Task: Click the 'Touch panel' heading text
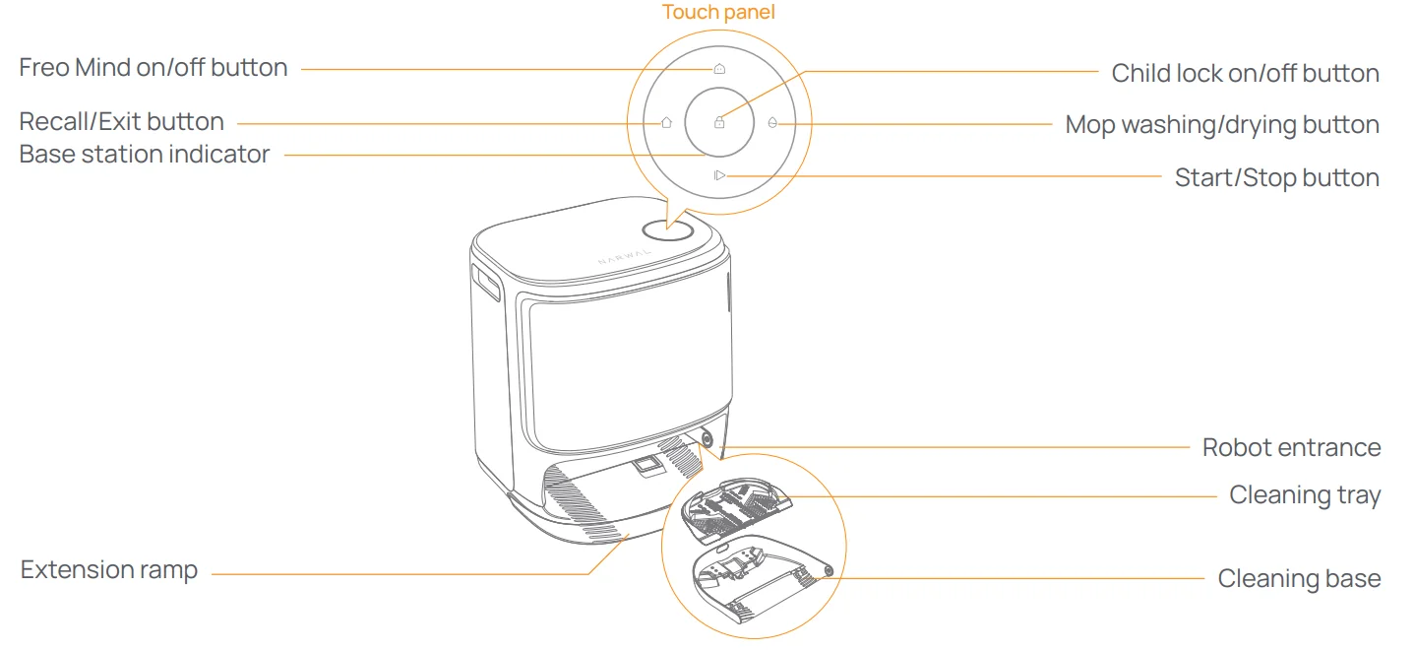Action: point(718,12)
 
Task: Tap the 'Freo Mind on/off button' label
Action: point(154,68)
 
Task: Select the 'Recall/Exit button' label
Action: point(122,122)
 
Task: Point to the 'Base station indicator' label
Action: point(145,155)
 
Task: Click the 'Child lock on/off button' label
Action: point(1245,73)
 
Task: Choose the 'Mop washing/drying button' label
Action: point(1222,125)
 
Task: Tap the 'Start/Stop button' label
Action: point(1276,178)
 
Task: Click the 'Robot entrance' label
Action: point(1291,448)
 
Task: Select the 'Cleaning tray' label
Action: point(1305,495)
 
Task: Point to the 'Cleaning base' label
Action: point(1299,578)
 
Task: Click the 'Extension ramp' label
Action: point(109,570)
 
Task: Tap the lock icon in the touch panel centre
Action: point(719,123)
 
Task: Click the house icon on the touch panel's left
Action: point(666,123)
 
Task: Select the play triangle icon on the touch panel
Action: point(719,175)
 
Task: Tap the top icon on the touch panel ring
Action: point(719,70)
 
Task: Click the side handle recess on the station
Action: point(486,285)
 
